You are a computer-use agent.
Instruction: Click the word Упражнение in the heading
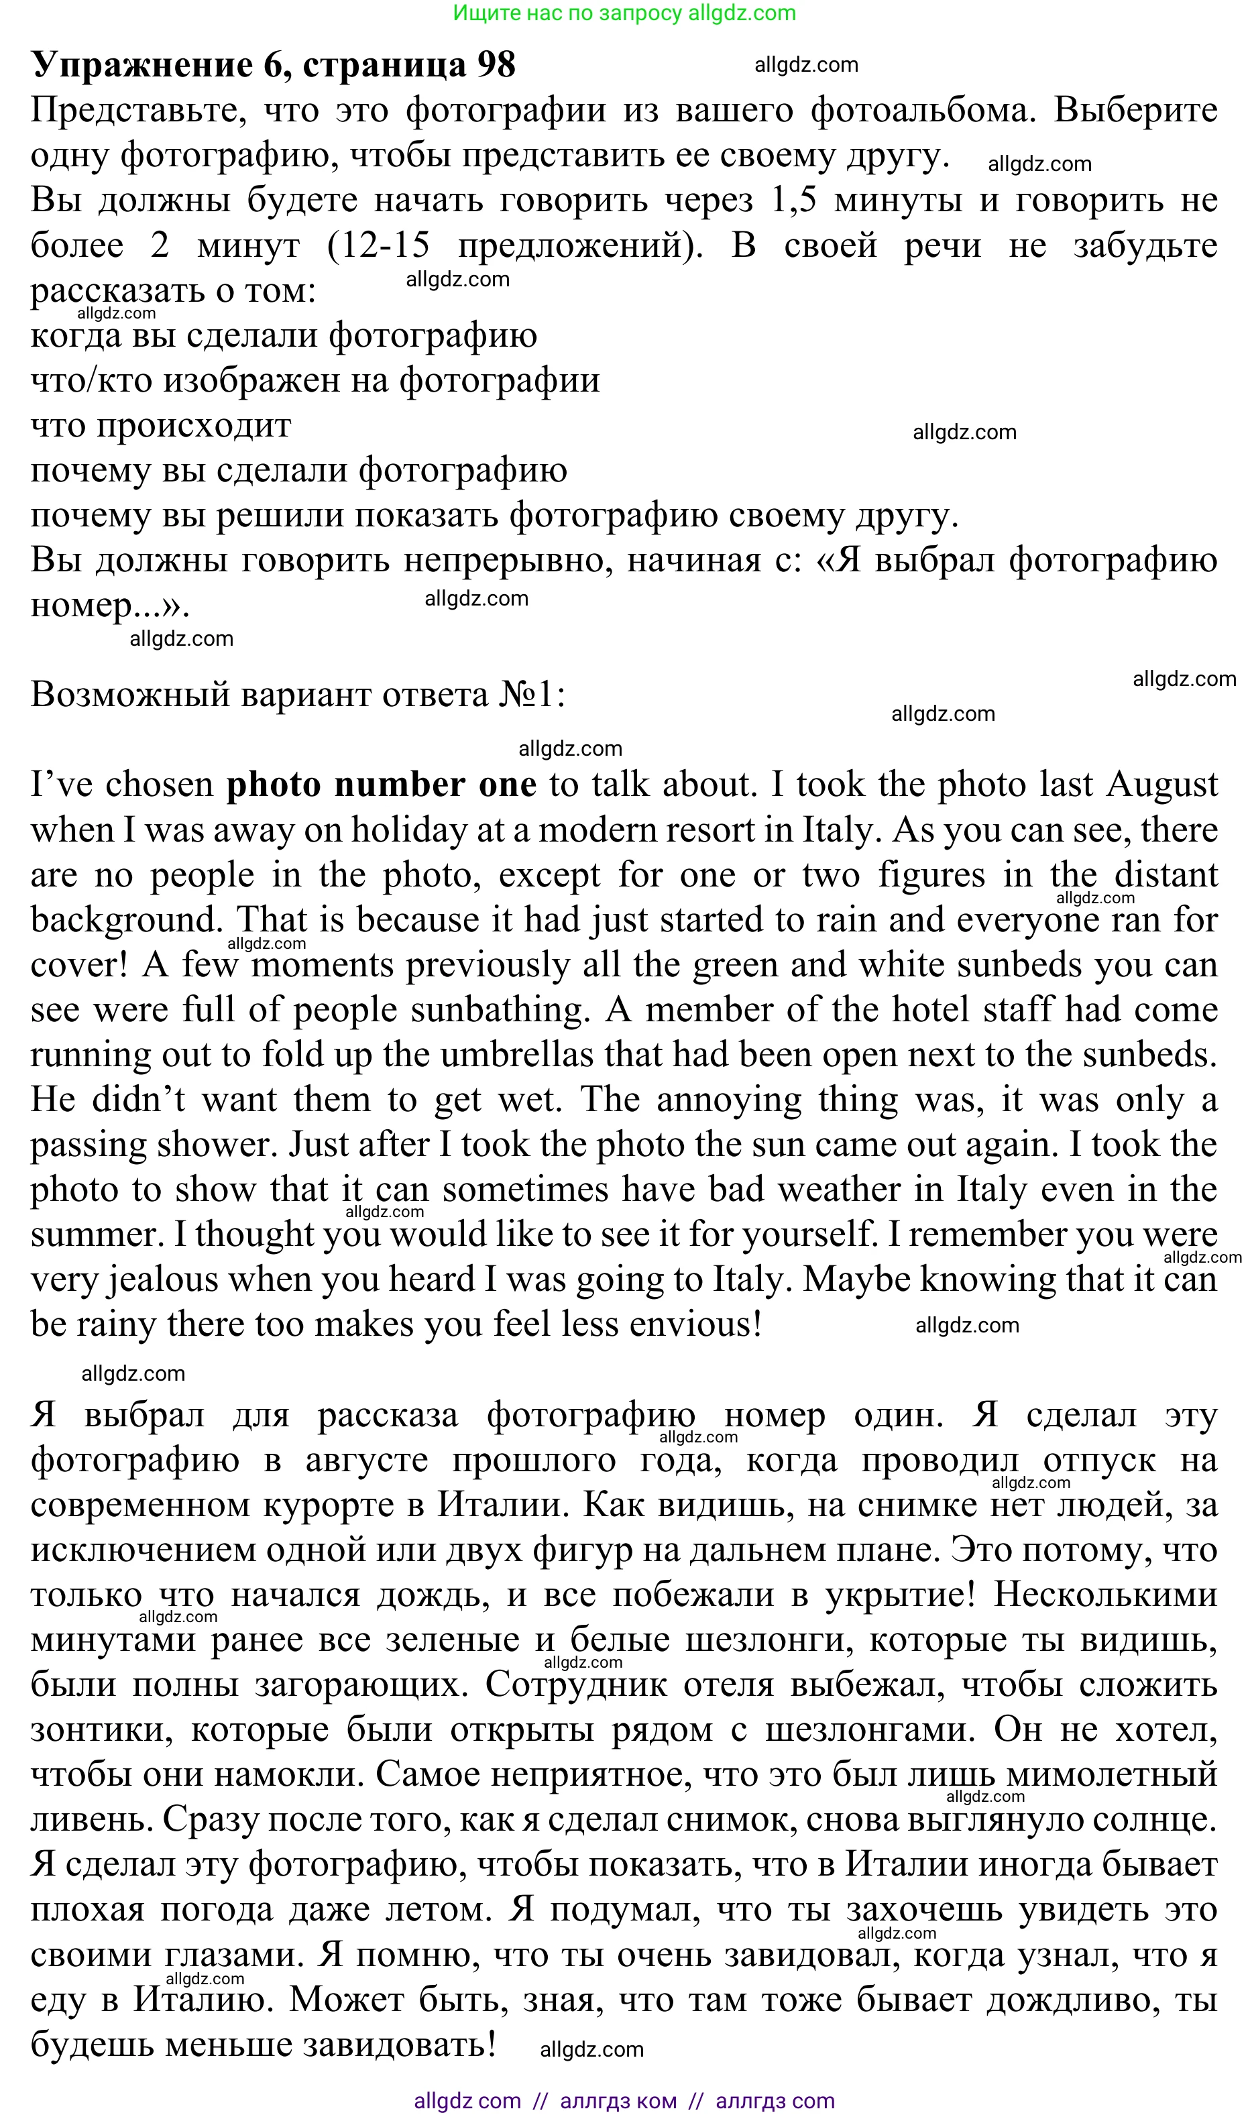pyautogui.click(x=141, y=65)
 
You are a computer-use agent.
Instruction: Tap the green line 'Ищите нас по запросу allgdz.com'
pyautogui.click(x=624, y=13)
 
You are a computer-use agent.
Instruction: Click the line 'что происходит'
pyautogui.click(x=161, y=425)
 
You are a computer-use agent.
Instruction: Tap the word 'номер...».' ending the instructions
pyautogui.click(x=109, y=605)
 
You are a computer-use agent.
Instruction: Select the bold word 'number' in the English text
pyautogui.click(x=401, y=785)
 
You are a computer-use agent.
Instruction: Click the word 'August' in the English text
pyautogui.click(x=1161, y=785)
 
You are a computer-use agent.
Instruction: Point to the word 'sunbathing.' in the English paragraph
pyautogui.click(x=500, y=1010)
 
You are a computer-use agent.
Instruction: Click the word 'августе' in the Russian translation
pyautogui.click(x=366, y=1459)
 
